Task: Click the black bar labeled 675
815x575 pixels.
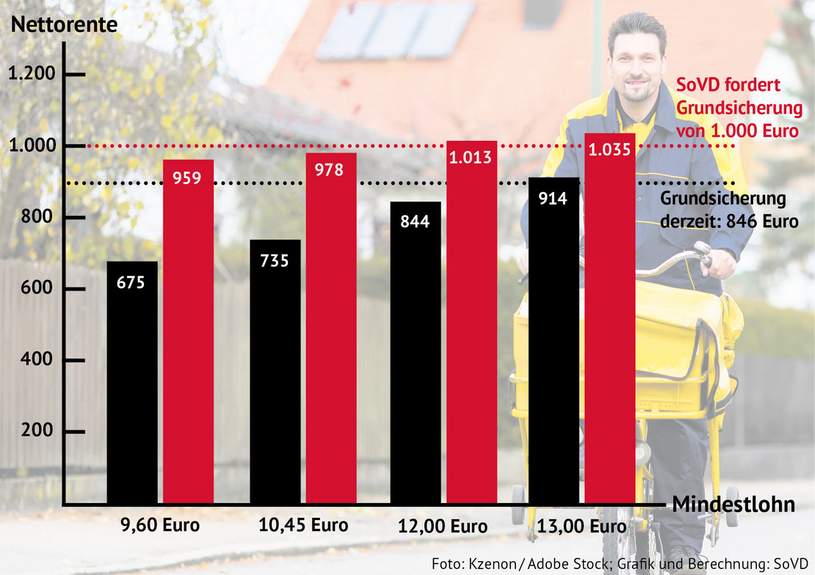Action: (132, 382)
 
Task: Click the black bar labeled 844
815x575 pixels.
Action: (416, 353)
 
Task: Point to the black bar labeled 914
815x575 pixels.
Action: (554, 340)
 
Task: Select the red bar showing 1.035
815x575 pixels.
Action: (610, 318)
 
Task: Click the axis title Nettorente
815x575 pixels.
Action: (64, 23)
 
